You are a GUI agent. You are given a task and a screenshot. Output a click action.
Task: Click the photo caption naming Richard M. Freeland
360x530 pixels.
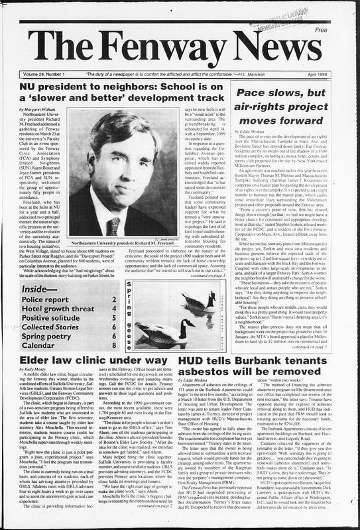point(123,243)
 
